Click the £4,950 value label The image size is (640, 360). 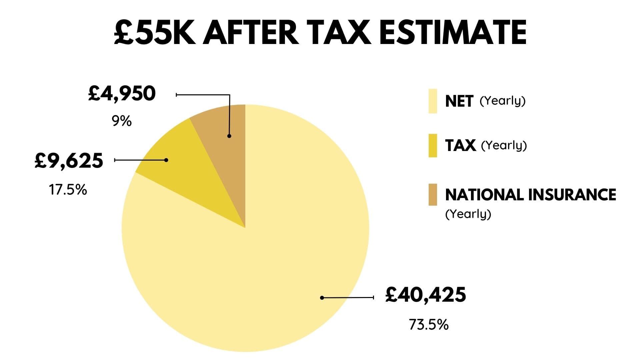click(x=122, y=94)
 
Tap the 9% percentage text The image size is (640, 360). click(x=122, y=121)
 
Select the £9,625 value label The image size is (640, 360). click(x=69, y=161)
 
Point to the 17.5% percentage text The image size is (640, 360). click(x=68, y=190)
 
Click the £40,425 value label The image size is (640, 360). click(x=425, y=295)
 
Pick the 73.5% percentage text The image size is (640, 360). click(x=429, y=324)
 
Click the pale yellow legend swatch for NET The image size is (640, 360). click(x=433, y=101)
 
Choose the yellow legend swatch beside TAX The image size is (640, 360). click(x=433, y=145)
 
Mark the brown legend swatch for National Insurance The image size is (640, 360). click(x=433, y=195)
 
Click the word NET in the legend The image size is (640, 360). click(x=459, y=101)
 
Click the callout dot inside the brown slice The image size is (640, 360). click(x=229, y=136)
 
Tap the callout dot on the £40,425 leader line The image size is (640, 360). click(x=322, y=298)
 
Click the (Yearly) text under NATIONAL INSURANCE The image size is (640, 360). click(x=468, y=214)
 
